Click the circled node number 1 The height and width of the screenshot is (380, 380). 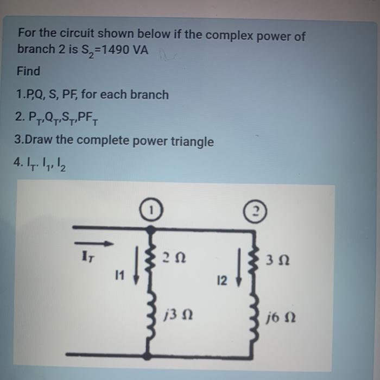[153, 209]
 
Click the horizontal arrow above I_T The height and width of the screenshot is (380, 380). [94, 243]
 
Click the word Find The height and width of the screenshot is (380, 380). [29, 71]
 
